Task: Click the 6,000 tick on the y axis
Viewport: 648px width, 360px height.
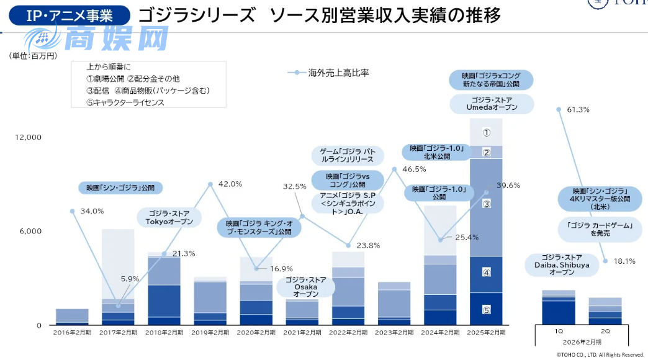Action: [30, 231]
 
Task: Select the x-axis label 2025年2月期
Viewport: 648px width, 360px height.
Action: [486, 333]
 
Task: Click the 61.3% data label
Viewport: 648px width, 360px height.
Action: [578, 110]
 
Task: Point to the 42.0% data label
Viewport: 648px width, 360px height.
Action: [231, 184]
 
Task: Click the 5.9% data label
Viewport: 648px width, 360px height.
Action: [130, 279]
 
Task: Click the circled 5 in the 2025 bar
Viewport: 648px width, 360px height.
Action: [487, 309]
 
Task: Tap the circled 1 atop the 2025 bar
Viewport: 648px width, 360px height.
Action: [487, 132]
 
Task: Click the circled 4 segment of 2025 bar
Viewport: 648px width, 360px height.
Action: [487, 272]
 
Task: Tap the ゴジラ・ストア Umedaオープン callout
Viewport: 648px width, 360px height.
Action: [492, 104]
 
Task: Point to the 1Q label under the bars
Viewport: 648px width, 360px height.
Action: [559, 332]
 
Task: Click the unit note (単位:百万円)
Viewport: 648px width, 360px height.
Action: [33, 56]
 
